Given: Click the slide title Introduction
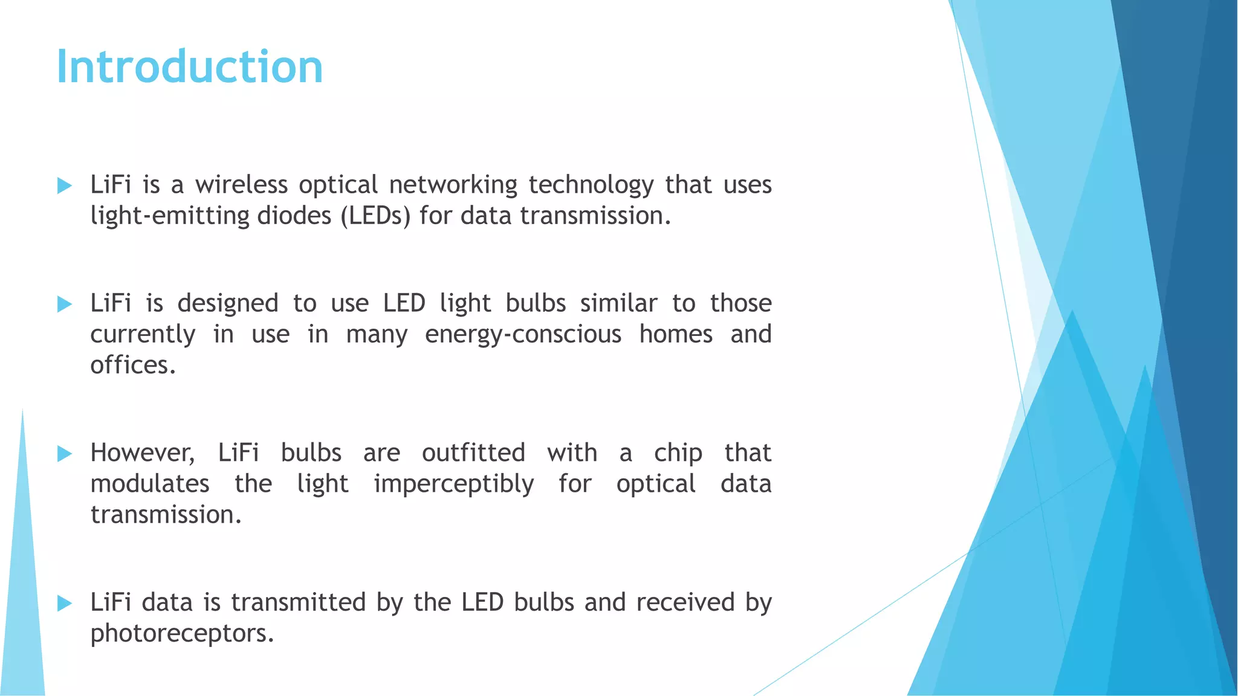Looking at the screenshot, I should point(189,66).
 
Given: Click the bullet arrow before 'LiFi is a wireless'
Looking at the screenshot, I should point(64,185).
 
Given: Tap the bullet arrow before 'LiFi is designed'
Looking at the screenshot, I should point(64,304).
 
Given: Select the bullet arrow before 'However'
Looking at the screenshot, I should point(64,454).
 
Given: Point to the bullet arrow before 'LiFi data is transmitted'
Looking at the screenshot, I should point(64,603).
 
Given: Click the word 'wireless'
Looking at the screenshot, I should point(241,184).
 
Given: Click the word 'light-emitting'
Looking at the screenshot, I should point(170,216).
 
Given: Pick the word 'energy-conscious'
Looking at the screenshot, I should point(523,334).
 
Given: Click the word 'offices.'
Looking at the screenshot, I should point(133,365).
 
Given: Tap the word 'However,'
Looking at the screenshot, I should point(143,453).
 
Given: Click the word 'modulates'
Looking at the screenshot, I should point(150,484).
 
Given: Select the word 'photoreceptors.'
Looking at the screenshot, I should point(182,633).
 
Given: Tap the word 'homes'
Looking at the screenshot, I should point(676,334).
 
